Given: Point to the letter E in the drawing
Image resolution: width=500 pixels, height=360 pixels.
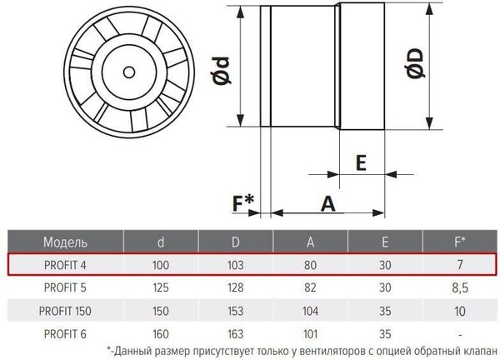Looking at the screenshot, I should pyautogui.click(x=362, y=163).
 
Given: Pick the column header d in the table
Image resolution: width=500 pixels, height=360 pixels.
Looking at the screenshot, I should pyautogui.click(x=161, y=242).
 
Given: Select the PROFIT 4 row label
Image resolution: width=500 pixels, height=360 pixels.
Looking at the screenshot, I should pyautogui.click(x=62, y=264).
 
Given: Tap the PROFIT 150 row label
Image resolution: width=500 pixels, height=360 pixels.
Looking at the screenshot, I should pyautogui.click(x=62, y=310).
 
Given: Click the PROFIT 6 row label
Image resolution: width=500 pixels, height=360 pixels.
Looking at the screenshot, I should pyautogui.click(x=62, y=332).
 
